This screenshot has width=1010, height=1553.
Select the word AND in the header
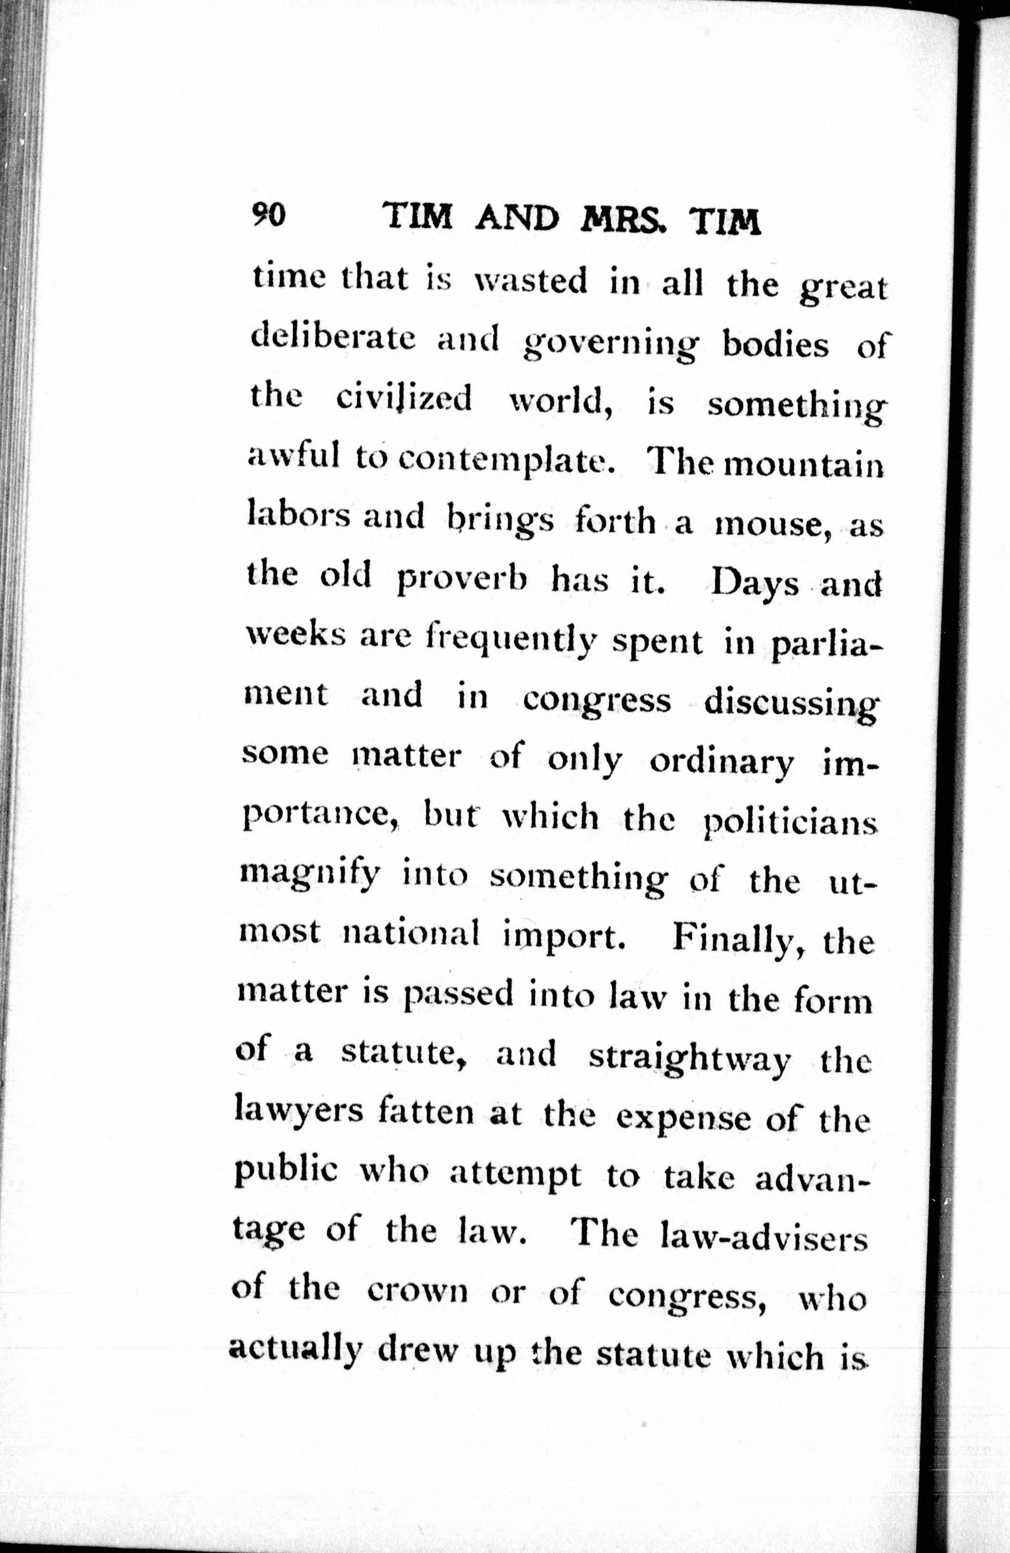[517, 218]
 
